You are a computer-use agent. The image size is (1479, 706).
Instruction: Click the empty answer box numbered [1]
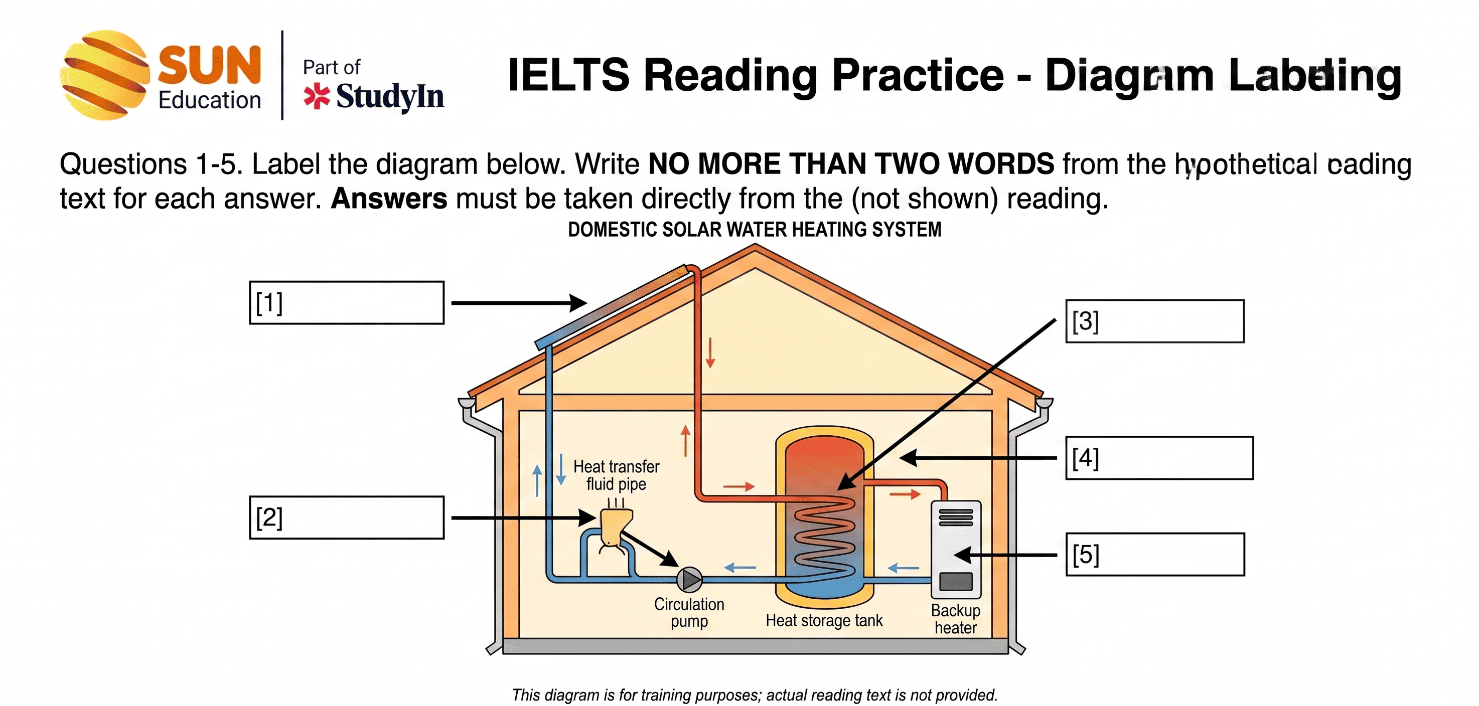346,302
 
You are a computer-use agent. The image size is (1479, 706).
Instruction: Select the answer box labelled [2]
346,517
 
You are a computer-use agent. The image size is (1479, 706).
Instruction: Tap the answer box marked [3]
1154,321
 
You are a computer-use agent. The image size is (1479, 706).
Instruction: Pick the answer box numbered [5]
1154,554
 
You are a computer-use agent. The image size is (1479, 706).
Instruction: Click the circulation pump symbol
689,580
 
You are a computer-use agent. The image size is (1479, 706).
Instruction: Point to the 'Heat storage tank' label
824,620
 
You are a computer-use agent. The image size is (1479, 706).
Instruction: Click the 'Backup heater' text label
955,619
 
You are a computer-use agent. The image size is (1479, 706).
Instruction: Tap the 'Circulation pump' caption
689,612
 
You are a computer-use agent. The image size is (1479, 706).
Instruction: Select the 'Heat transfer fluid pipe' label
616,475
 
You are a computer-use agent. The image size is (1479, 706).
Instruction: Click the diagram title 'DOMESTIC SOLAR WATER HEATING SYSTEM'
755,230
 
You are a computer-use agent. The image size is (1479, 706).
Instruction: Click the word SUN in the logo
210,65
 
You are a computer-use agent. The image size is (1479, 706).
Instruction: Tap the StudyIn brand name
390,96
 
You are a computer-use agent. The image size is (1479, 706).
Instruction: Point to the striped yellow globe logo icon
104,75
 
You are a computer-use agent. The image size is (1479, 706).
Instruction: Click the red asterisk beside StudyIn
317,96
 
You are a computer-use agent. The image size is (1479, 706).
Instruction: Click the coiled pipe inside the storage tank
824,537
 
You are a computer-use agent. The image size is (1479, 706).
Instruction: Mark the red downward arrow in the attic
710,352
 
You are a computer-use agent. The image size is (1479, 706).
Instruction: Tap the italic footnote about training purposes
755,695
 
